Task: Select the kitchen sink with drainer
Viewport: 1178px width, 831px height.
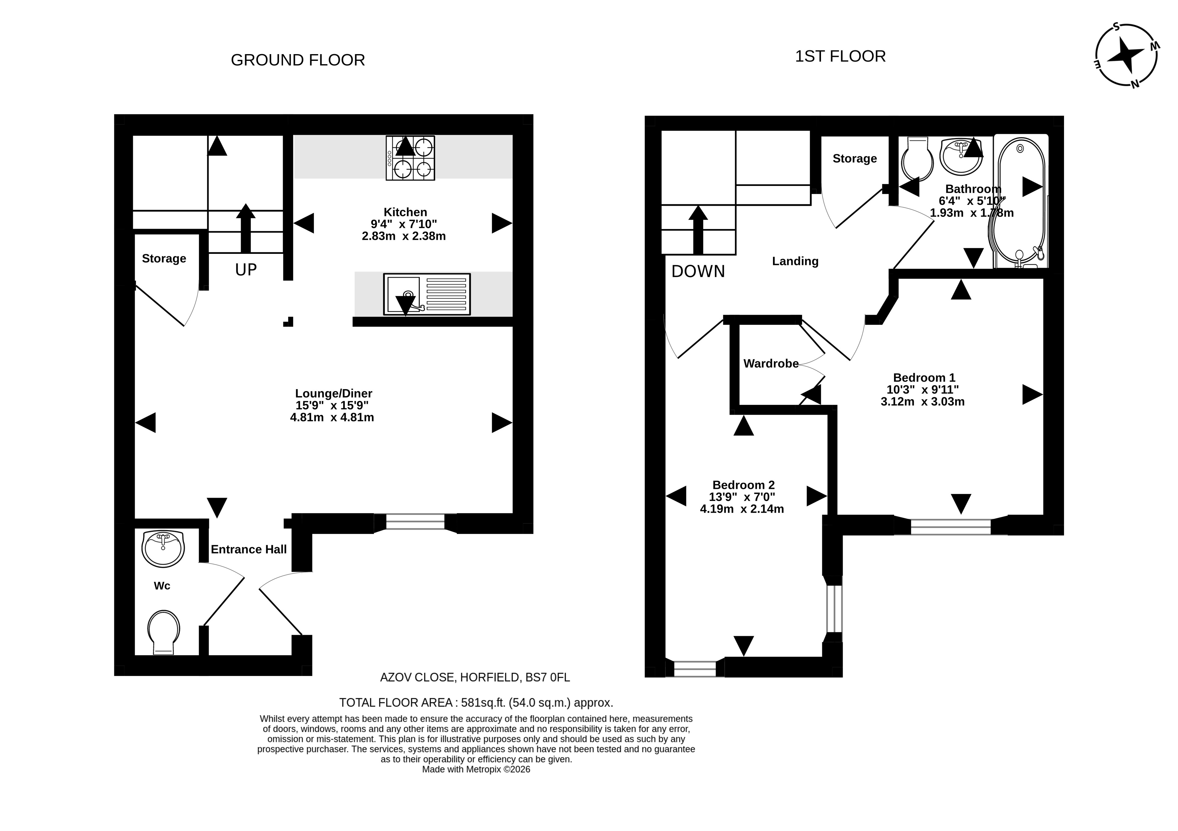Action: [x=427, y=294]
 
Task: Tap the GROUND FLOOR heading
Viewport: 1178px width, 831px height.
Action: [x=298, y=60]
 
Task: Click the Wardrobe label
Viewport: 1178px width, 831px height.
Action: [x=771, y=363]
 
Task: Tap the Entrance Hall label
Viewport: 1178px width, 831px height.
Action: [x=249, y=549]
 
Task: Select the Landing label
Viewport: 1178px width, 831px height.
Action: [x=795, y=261]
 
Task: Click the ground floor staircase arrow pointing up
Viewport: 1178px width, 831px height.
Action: [x=246, y=228]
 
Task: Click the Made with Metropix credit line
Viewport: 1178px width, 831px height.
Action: [x=476, y=770]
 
